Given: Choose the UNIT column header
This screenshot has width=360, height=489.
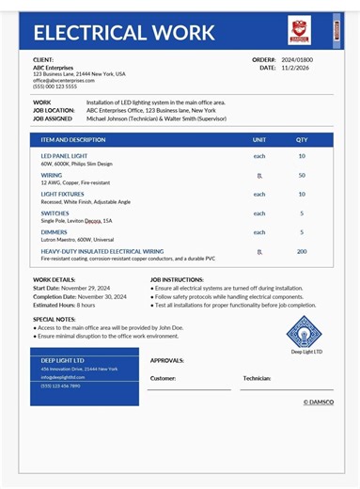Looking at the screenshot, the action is point(259,139).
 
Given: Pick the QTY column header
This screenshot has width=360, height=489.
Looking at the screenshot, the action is point(302,139).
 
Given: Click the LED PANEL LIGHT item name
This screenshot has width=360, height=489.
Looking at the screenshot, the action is point(64,156).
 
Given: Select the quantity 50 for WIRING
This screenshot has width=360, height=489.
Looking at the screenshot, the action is point(302,175).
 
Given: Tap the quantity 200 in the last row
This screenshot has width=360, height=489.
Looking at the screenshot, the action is point(302,251).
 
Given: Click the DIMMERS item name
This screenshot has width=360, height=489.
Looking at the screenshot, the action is point(54,232).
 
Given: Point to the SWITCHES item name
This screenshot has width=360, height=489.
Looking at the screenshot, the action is point(55,213).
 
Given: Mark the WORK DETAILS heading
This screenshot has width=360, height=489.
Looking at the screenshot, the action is point(55,279).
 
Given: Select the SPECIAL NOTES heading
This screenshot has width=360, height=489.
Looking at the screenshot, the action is point(55,319).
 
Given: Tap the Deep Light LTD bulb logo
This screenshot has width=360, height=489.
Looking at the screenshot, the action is point(306,331).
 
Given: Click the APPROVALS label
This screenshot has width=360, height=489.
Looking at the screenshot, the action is point(166,360).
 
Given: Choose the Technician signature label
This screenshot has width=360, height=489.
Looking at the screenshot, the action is point(257,378).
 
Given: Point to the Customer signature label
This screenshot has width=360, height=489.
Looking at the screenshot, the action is point(163,378).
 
